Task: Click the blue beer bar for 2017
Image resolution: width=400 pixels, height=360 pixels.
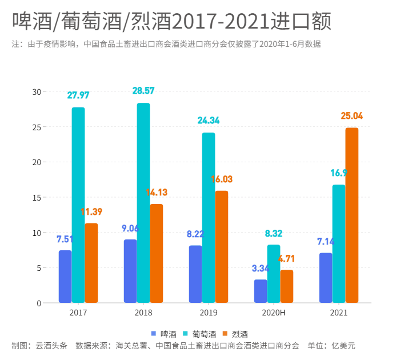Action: tap(65, 277)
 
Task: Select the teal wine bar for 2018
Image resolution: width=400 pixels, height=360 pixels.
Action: tap(143, 203)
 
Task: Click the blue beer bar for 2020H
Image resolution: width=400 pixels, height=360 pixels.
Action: tap(261, 291)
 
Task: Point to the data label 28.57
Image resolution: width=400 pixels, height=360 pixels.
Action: tap(143, 91)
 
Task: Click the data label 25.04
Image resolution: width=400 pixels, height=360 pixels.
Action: tap(352, 116)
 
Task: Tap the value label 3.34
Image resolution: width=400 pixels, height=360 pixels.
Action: tap(261, 268)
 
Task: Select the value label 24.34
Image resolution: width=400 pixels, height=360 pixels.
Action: tap(209, 121)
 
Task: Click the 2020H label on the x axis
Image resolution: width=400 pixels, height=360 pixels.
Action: tap(273, 313)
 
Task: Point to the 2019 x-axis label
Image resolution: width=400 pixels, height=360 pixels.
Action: tap(209, 313)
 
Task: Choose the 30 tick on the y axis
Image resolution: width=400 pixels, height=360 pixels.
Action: tap(37, 91)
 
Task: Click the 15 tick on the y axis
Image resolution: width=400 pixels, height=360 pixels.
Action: tap(37, 198)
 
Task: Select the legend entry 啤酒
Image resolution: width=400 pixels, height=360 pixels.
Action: tap(163, 334)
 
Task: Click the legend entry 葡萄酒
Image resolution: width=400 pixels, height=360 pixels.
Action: tap(199, 334)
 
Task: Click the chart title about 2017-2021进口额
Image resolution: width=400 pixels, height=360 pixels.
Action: tap(171, 22)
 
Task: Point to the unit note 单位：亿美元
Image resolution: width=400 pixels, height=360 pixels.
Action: tap(332, 346)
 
